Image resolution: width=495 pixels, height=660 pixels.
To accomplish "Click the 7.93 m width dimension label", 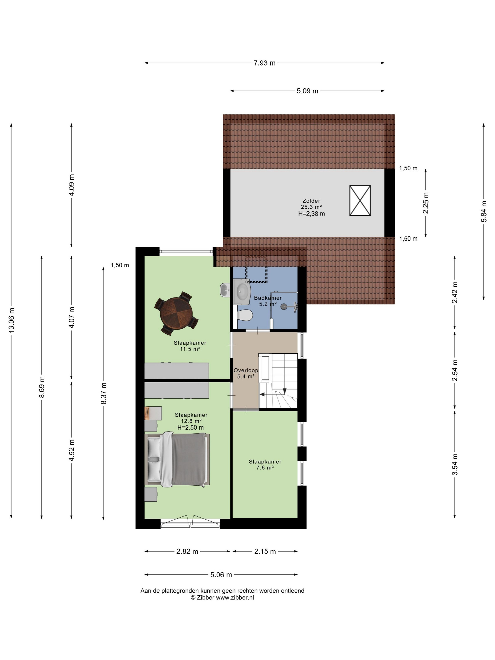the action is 264,63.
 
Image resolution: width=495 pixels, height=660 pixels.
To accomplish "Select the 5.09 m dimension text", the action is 307,91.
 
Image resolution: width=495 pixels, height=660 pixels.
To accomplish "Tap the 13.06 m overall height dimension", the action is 11,320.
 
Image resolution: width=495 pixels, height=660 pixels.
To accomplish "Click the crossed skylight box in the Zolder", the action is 360,201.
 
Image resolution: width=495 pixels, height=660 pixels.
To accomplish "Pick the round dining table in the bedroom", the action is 176,313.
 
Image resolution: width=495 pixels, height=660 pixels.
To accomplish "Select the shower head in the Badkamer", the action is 284,306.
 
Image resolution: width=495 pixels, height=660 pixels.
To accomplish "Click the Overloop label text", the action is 246,370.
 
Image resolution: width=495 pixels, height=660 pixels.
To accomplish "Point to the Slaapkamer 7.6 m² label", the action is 265,465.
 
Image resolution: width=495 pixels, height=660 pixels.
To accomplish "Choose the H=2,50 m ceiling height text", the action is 191,428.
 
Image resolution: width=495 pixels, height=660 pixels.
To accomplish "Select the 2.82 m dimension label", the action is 187,551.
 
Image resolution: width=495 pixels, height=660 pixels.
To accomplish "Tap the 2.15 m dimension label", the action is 265,551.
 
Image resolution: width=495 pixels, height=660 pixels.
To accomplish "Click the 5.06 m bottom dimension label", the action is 221,575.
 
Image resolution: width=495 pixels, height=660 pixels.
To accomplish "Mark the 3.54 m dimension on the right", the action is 455,465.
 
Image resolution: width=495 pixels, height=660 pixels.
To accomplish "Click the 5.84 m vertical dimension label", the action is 484,211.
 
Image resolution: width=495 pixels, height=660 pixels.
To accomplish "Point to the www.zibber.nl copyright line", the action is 222,597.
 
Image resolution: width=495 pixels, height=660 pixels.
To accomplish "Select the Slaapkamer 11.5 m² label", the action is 190,346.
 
